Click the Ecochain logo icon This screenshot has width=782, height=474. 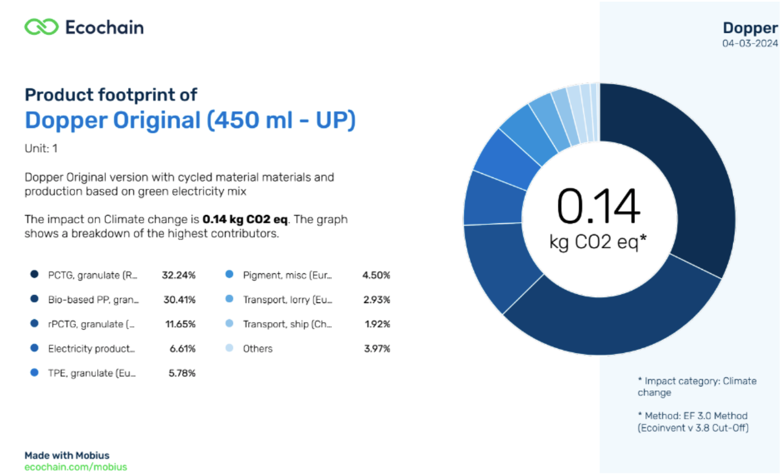pyautogui.click(x=41, y=27)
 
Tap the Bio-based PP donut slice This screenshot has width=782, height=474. pyautogui.click(x=614, y=321)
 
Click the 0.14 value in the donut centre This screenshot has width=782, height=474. pyautogui.click(x=599, y=206)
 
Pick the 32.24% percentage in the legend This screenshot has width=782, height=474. pyautogui.click(x=179, y=275)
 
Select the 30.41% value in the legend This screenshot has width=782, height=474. pyautogui.click(x=179, y=300)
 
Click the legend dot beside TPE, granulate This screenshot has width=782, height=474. pyautogui.click(x=35, y=373)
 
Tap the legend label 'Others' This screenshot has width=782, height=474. pyautogui.click(x=258, y=348)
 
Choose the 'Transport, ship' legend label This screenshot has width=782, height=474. pyautogui.click(x=287, y=324)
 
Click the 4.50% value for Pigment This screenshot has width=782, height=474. pyautogui.click(x=376, y=275)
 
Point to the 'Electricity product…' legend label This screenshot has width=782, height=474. pyautogui.click(x=91, y=348)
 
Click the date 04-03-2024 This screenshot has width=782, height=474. pyautogui.click(x=750, y=44)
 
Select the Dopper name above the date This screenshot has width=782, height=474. pyautogui.click(x=750, y=28)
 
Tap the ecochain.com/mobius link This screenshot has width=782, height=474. pyautogui.click(x=76, y=467)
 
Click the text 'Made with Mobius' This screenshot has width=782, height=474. pyautogui.click(x=67, y=456)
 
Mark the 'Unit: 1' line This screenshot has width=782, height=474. pyautogui.click(x=41, y=149)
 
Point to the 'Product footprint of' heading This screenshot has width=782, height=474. pyautogui.click(x=111, y=95)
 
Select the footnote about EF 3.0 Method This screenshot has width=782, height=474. pyautogui.click(x=693, y=422)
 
